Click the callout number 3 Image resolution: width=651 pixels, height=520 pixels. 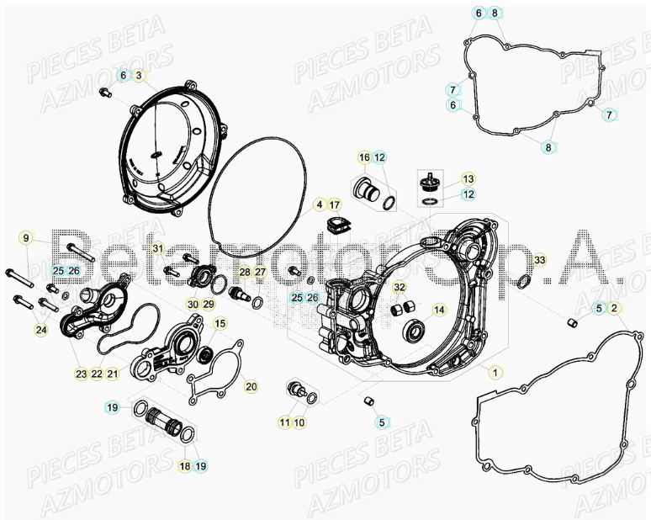click(140, 76)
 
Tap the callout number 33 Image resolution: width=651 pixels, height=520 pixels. click(539, 259)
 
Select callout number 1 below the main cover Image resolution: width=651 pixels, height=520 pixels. click(496, 372)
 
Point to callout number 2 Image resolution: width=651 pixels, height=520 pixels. click(615, 309)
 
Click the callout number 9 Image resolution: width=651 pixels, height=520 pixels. click(25, 238)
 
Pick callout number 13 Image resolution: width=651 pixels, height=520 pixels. click(468, 179)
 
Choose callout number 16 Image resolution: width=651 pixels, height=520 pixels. click(364, 157)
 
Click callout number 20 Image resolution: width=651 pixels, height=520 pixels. click(251, 386)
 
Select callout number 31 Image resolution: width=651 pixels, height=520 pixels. click(156, 247)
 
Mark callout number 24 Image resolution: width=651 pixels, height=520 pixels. click(41, 331)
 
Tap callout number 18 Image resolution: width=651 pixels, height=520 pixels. click(185, 465)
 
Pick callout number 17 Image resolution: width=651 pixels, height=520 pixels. click(334, 205)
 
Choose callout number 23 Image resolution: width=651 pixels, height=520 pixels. click(81, 374)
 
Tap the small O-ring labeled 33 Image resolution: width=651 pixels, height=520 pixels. click(522, 280)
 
